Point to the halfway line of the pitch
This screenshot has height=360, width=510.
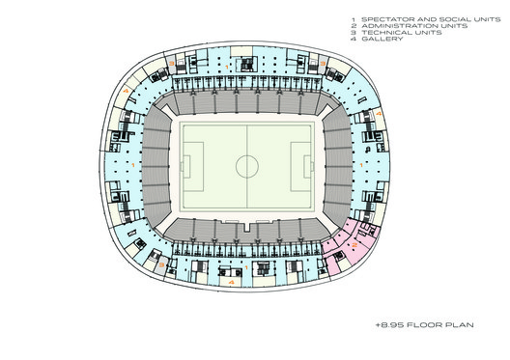point(247,135)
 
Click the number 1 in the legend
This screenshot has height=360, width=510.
point(354,18)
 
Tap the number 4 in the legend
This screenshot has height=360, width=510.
point(354,39)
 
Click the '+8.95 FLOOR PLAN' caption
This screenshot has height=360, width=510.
point(425,328)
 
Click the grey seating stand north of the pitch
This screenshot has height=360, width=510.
point(247,103)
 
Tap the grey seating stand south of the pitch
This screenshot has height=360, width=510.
point(247,230)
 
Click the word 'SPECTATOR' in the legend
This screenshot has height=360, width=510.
point(382,18)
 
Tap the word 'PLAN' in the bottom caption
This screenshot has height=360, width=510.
point(460,328)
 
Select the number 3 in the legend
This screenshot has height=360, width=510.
point(354,32)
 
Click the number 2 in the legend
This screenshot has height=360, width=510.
point(354,25)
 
